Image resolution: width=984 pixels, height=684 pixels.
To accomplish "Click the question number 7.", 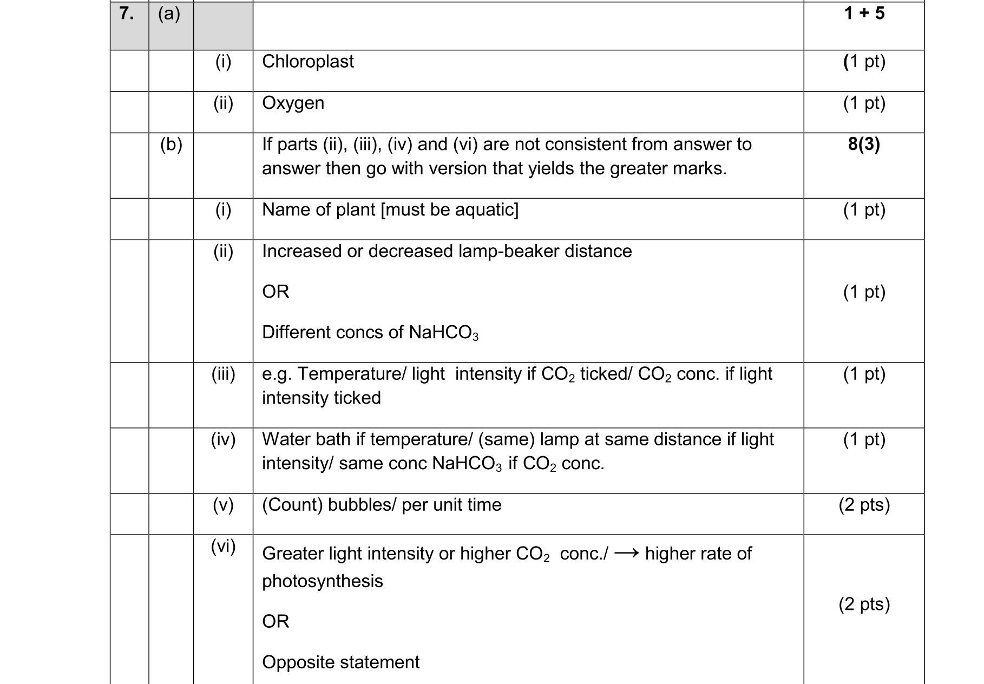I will [126, 13].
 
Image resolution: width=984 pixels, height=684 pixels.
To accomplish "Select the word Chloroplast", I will [307, 62].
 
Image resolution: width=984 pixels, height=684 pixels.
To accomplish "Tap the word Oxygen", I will [293, 103].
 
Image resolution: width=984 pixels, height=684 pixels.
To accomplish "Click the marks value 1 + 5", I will [864, 13].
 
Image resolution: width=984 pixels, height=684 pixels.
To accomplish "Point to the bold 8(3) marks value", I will [864, 144].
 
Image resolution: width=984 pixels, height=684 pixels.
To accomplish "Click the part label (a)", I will [169, 13].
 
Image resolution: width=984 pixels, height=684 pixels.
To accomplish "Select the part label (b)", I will [171, 144].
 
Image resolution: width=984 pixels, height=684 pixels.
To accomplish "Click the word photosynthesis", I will [322, 581].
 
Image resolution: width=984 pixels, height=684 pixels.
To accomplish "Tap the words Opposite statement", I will [340, 662].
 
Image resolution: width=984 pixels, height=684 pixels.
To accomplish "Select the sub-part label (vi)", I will [223, 547].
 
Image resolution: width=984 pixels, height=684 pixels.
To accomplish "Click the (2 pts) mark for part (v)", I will [864, 505].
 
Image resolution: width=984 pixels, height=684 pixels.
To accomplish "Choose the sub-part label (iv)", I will [223, 439].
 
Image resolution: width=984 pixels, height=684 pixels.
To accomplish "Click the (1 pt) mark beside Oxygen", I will [864, 103].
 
